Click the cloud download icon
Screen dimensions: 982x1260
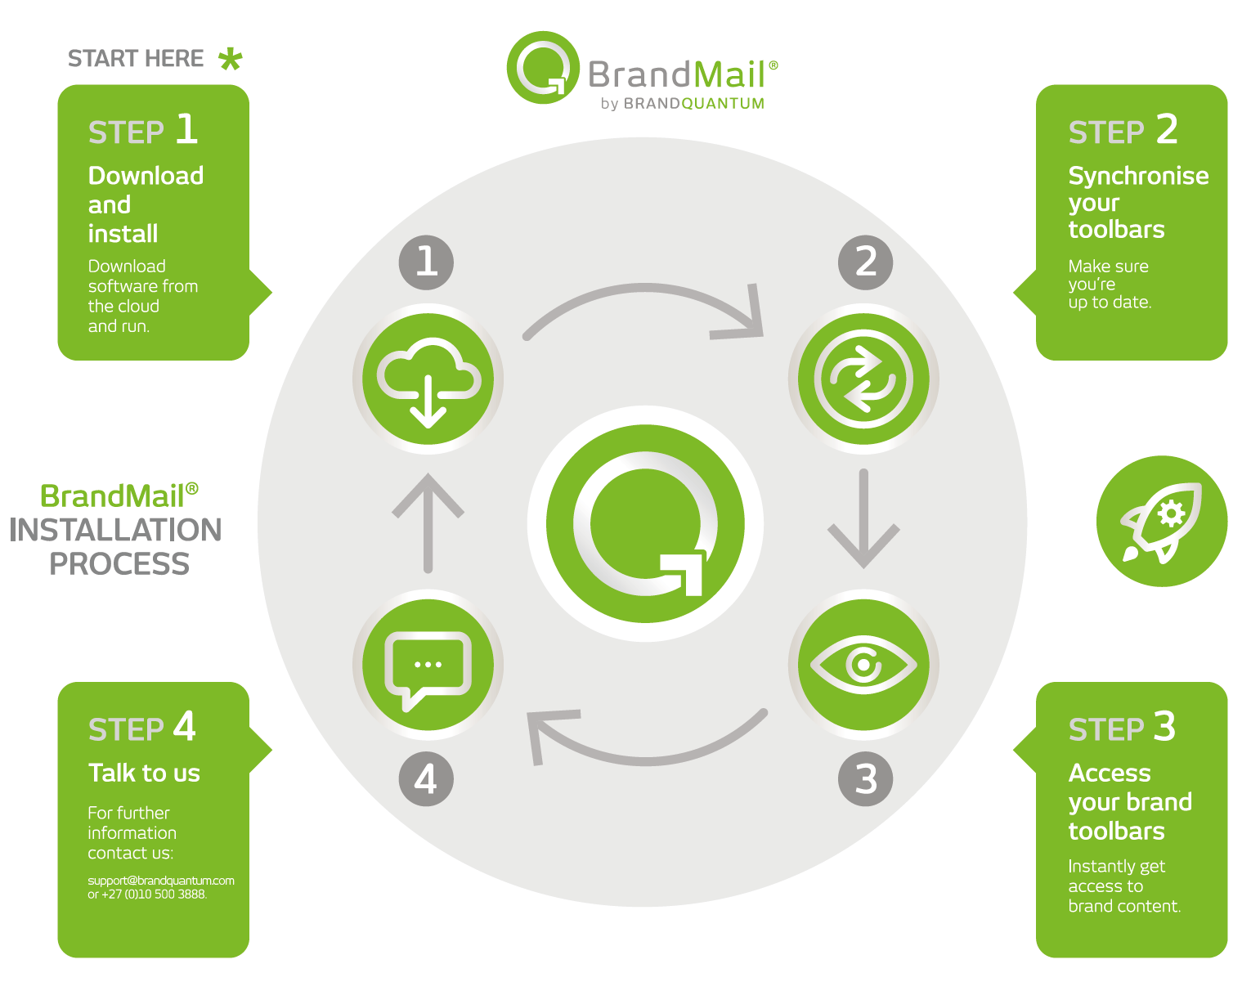(x=428, y=379)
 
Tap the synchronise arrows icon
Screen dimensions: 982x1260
(x=863, y=379)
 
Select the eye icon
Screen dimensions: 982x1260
(x=863, y=664)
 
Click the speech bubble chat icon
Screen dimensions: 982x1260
(x=428, y=664)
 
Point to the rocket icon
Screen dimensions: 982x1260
(x=1161, y=521)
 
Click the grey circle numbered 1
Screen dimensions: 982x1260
(x=426, y=262)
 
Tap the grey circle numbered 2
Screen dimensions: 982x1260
(x=865, y=262)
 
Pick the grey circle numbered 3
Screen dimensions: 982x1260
(x=865, y=778)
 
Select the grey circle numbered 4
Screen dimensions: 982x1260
(x=426, y=778)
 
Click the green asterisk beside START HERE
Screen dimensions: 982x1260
(x=231, y=59)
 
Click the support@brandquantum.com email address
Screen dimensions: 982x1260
(x=161, y=881)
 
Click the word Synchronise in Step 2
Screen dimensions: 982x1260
(x=1138, y=176)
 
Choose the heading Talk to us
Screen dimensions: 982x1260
(x=144, y=773)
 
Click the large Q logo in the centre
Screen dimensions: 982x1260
(x=646, y=523)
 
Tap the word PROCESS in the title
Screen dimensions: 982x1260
(x=119, y=564)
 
